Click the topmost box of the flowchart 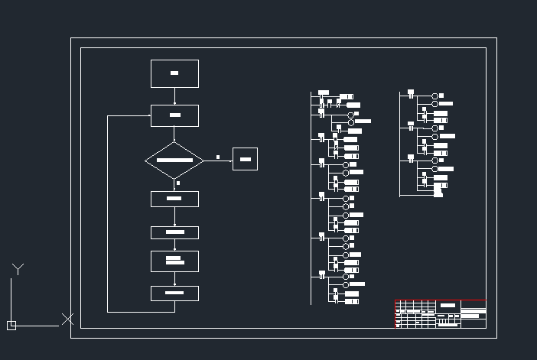click(x=174, y=73)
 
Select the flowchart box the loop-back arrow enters click(x=174, y=115)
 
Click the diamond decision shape click(x=174, y=161)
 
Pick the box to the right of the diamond click(x=245, y=159)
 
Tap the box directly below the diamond click(x=174, y=199)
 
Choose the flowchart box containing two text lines click(x=174, y=261)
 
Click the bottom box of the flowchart click(x=174, y=293)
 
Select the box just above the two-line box click(x=174, y=232)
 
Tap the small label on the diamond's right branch click(x=218, y=157)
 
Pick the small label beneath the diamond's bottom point click(x=178, y=183)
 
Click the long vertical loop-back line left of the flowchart click(x=107, y=214)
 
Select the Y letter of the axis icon click(x=18, y=268)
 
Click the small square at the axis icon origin click(x=11, y=325)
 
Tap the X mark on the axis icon click(x=67, y=319)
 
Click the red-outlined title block click(x=440, y=313)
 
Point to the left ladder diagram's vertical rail click(x=311, y=199)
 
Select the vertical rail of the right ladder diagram click(x=400, y=145)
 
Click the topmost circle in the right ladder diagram click(x=434, y=96)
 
